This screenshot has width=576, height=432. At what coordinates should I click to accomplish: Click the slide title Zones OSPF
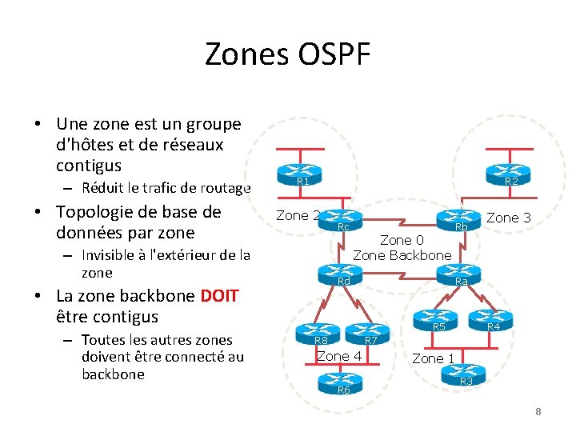pyautogui.click(x=287, y=54)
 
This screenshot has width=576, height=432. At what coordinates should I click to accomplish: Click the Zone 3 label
pyautogui.click(x=508, y=218)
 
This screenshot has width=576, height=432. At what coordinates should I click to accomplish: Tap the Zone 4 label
pyautogui.click(x=339, y=355)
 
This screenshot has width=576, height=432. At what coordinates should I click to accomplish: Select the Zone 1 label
pyautogui.click(x=433, y=358)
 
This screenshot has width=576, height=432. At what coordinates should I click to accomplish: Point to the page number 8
pyautogui.click(x=538, y=411)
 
